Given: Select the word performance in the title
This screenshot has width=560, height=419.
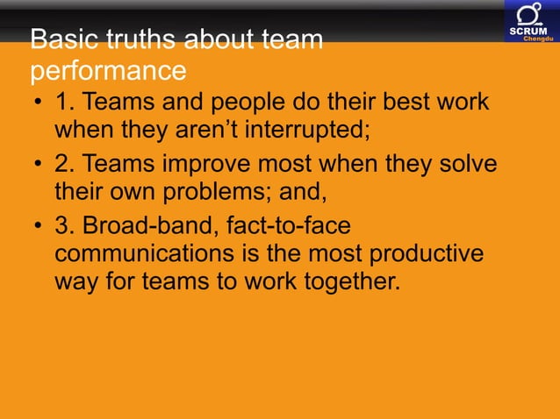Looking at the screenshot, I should (108, 69).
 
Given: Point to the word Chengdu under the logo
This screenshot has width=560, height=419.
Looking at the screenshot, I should (537, 39).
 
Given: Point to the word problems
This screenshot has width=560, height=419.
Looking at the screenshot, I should (226, 194).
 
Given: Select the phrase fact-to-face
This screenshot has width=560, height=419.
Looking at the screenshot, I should (288, 225).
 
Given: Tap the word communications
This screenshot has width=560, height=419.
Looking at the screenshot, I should (146, 254).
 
